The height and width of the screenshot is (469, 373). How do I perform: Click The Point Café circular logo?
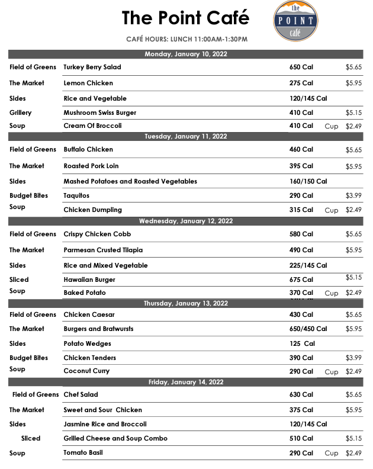[x=295, y=20]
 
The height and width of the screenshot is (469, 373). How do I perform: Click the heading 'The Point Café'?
[x=185, y=18]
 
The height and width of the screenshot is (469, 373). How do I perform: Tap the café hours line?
[x=186, y=39]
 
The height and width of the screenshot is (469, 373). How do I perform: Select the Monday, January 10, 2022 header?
[x=186, y=54]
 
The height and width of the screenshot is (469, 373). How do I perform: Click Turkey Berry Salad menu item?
[x=92, y=68]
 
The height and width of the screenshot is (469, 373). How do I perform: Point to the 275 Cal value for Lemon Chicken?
[x=301, y=83]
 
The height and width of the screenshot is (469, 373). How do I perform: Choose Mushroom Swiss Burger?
[x=99, y=113]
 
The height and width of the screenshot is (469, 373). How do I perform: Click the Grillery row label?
[x=21, y=113]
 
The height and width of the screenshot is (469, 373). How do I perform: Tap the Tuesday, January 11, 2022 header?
[x=186, y=136]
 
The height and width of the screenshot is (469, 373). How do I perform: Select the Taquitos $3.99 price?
[x=353, y=195]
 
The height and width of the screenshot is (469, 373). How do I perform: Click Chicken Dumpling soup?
[x=92, y=210]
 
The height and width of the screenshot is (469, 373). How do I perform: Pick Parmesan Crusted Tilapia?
[x=103, y=250]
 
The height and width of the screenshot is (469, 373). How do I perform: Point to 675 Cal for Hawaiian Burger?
[x=301, y=280]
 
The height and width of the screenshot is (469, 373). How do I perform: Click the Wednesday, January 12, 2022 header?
[x=186, y=221]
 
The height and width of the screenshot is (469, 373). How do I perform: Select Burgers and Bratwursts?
[x=99, y=329]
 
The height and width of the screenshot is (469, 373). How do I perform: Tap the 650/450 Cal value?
[x=308, y=329]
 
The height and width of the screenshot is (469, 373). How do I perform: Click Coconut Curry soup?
[x=86, y=371]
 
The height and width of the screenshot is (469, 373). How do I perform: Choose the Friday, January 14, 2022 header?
[x=186, y=382]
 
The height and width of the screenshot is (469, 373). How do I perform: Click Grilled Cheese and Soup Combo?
[x=115, y=438]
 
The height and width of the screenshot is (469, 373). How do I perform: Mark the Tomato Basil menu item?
[x=84, y=453]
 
